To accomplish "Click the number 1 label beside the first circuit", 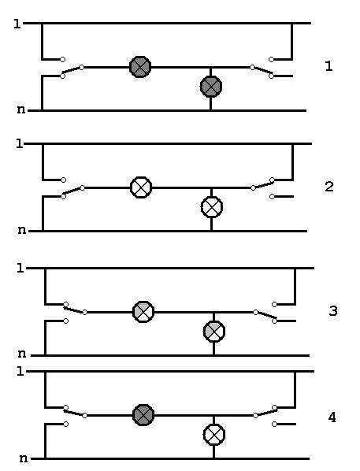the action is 329,66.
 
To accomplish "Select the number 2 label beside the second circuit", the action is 329,187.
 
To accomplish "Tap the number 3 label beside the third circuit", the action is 333,310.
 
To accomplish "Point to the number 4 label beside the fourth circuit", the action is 332,417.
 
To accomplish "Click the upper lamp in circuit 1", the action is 140,67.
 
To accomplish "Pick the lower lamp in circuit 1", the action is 211,87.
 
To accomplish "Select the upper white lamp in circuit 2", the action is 141,187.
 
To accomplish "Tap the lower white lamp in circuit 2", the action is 212,207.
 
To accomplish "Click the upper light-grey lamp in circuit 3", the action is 143,312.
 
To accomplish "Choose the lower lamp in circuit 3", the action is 214,332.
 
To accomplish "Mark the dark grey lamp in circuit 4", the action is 143,415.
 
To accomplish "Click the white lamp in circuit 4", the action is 214,434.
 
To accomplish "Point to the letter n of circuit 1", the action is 21,109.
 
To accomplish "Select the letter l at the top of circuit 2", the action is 20,143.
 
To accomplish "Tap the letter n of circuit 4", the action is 24,458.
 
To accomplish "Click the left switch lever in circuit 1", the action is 72,71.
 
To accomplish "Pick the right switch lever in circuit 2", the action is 262,184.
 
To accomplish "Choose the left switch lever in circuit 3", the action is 75,309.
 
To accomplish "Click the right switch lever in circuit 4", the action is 265,412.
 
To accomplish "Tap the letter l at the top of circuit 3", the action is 20,268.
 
